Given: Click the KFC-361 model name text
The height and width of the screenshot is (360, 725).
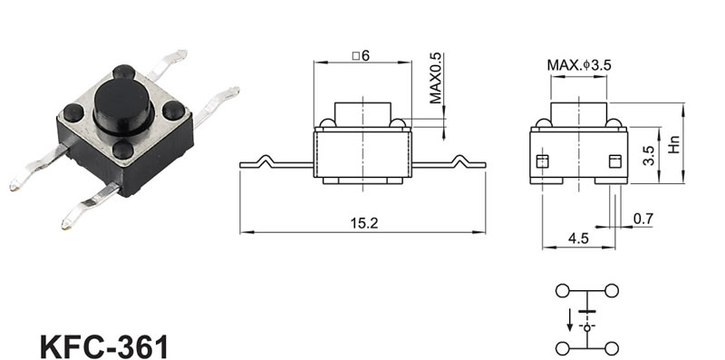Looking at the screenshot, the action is click(x=104, y=346).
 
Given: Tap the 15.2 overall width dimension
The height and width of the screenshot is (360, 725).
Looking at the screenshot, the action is click(x=364, y=223).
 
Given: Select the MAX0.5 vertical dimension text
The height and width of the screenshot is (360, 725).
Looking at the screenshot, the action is click(x=436, y=78).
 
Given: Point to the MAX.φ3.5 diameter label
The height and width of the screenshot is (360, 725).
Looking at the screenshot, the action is click(x=579, y=65).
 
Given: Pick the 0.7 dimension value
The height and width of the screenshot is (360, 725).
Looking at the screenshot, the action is click(x=643, y=219).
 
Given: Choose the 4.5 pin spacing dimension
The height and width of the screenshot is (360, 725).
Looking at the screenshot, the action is click(x=578, y=238).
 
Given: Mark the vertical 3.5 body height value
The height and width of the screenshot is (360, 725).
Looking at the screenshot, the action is click(x=649, y=156).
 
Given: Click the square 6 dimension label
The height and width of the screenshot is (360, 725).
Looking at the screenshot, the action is click(x=361, y=56).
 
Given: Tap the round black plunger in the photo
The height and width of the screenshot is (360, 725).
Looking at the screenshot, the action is click(x=123, y=105).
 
